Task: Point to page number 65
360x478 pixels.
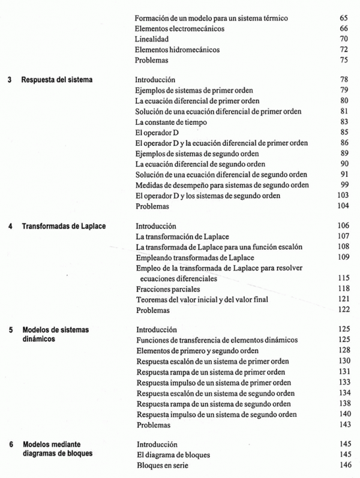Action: pyautogui.click(x=343, y=19)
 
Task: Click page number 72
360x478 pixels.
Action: pyautogui.click(x=343, y=50)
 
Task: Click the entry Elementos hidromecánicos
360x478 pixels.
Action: pyautogui.click(x=178, y=50)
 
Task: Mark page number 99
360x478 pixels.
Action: pyautogui.click(x=343, y=185)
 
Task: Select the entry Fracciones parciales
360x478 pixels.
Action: pyautogui.click(x=167, y=290)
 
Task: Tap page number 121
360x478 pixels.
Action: pyautogui.click(x=343, y=300)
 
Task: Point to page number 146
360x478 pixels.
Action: pyautogui.click(x=343, y=466)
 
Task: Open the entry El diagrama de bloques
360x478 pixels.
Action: pyautogui.click(x=173, y=455)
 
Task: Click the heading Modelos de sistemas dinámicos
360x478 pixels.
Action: pyautogui.click(x=58, y=335)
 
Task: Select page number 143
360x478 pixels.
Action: pyautogui.click(x=343, y=425)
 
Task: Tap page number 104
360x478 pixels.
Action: pyautogui.click(x=343, y=206)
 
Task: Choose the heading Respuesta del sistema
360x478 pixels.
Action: pyautogui.click(x=58, y=80)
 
